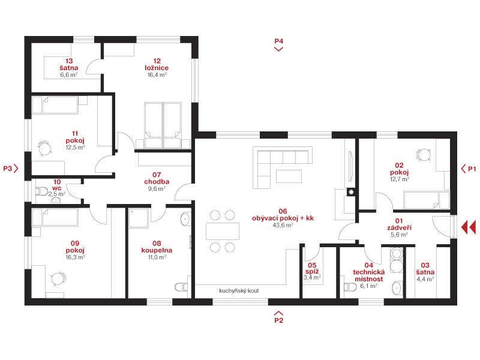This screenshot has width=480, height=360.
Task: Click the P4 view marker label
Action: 278,41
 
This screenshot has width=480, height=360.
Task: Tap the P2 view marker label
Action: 278,320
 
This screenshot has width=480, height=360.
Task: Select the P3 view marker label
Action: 8,169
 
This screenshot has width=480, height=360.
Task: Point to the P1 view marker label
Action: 472,169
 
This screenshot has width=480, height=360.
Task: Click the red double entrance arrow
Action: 469,227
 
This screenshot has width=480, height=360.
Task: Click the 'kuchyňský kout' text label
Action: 239,290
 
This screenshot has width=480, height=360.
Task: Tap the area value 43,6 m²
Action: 283,225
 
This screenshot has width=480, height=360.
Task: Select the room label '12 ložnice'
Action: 157,64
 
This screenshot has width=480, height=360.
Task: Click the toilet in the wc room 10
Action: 41,191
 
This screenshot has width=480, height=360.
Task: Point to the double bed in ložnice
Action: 163,125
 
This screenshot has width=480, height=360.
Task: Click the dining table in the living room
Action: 223,231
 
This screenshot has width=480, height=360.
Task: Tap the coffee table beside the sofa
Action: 289,176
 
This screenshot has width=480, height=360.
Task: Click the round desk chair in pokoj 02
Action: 424,155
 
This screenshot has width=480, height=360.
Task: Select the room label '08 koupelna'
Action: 157,247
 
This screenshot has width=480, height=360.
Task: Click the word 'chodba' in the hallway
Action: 157,182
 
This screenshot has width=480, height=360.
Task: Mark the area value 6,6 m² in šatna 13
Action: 69,74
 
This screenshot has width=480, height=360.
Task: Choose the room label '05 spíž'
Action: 312,268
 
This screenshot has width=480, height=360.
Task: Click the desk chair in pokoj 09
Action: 58,279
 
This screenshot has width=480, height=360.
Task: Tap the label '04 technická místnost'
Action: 369,272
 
